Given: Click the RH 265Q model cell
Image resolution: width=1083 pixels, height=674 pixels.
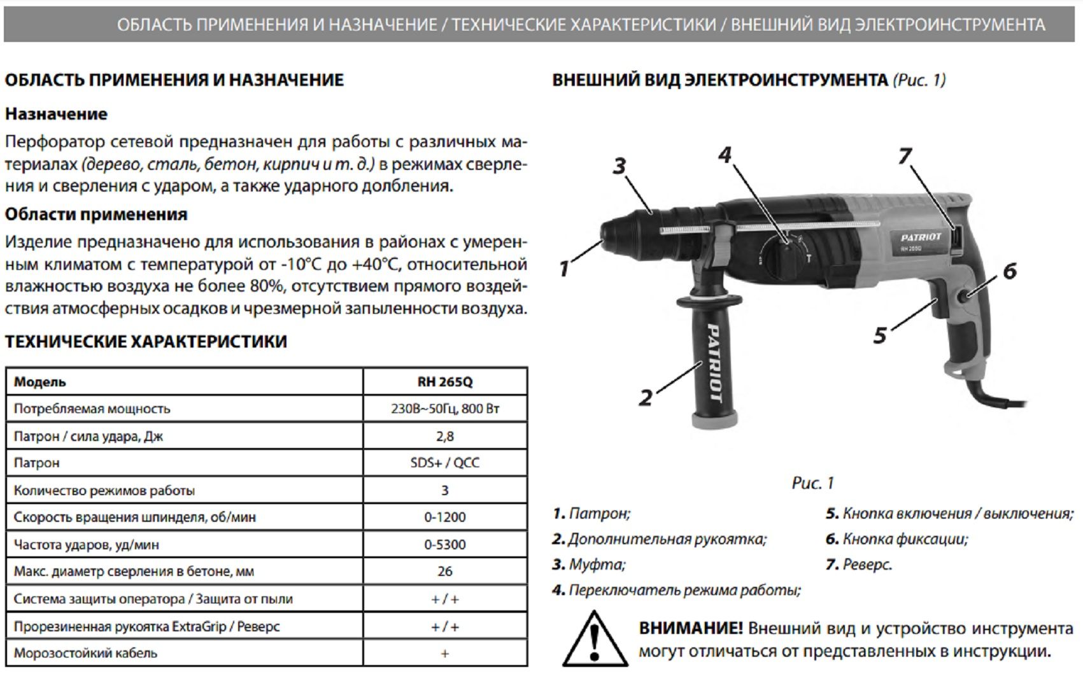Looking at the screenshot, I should point(444,382).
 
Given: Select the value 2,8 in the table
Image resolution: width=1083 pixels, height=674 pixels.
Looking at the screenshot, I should point(444,437).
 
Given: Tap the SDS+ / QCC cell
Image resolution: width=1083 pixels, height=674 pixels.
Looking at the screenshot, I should point(444,463).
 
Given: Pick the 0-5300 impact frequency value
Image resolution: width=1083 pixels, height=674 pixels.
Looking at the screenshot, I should point(444,545).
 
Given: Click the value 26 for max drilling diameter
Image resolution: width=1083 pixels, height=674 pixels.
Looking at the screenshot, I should point(444,572).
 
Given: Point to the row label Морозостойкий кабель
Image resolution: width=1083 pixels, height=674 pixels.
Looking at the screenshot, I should point(85,654).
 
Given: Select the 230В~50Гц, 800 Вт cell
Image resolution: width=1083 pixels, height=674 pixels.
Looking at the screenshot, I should point(444,409).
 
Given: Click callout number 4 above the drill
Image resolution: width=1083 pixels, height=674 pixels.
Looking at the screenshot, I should point(725,155).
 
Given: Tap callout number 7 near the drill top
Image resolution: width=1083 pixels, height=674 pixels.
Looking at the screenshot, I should point(905,156).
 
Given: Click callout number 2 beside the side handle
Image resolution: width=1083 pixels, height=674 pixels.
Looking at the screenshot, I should point(646,398).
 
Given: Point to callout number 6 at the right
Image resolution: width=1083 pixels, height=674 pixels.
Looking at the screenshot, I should point(1010,272).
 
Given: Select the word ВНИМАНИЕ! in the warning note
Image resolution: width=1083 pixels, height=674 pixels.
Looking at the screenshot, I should point(691,629).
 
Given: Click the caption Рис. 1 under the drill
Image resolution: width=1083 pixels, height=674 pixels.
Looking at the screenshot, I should point(812,483).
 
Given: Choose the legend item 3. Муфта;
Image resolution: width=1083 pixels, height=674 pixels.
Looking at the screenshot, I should point(589,565).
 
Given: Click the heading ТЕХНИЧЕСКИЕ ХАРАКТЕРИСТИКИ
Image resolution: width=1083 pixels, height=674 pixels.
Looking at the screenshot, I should point(146,342).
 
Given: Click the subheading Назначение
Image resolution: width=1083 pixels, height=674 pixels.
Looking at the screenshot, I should point(56,114).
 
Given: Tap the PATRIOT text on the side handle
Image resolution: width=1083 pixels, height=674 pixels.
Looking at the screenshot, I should point(714,363).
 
